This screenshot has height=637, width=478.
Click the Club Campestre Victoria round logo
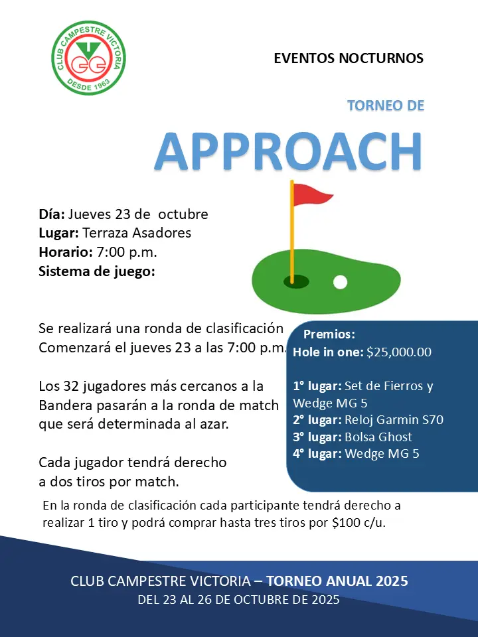coord(89,58)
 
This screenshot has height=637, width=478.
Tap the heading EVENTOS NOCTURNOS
coord(349,58)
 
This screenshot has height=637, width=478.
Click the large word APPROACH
coord(288,152)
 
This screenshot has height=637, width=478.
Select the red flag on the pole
coord(312,194)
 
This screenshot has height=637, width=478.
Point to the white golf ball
coord(340,282)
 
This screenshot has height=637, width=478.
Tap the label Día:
coord(52,214)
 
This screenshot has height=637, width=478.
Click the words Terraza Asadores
coord(137,233)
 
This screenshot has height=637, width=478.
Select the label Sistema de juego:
coord(97,271)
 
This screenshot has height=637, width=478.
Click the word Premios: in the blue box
coord(329,334)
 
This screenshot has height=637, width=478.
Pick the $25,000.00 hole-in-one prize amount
coord(399,352)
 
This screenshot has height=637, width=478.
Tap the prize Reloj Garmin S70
coord(394,419)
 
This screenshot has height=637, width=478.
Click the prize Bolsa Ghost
coord(378,437)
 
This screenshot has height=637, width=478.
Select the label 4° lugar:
coord(317,454)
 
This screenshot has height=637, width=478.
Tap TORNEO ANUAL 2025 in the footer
coord(337,581)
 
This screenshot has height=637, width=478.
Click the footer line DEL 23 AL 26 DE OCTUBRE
coord(238,600)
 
